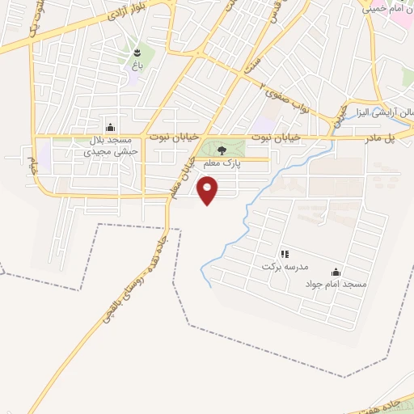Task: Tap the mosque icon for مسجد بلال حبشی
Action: (x=110, y=127)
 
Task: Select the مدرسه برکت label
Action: (x=283, y=266)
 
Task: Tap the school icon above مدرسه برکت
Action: (x=284, y=254)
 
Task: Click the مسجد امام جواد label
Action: (x=336, y=285)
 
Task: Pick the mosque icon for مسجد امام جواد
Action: (x=336, y=272)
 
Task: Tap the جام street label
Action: (x=33, y=166)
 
